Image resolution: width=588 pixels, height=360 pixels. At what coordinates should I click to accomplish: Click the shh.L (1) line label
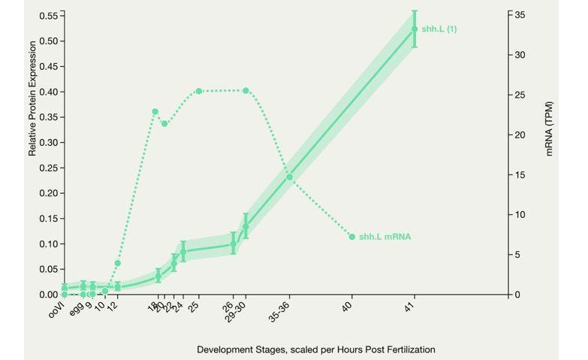(x=439, y=29)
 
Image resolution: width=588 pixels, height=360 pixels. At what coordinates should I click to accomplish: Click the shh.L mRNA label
(x=384, y=237)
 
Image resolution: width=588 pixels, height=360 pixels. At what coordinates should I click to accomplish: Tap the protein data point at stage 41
(x=415, y=29)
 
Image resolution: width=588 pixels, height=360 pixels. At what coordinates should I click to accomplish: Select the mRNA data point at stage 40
(x=352, y=237)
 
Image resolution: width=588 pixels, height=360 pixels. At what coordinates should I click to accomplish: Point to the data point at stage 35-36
(x=289, y=177)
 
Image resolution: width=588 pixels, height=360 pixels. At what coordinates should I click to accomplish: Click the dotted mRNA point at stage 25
(x=199, y=92)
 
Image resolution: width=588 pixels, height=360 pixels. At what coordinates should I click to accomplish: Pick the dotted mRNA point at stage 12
(x=117, y=263)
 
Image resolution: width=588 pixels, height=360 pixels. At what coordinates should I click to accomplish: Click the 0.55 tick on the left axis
(x=48, y=15)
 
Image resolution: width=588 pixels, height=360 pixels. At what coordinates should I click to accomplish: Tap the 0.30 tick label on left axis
(x=48, y=142)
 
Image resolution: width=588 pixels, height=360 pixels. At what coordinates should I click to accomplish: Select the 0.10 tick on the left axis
(x=48, y=244)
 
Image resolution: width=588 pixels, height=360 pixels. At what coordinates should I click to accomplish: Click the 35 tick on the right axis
(x=520, y=15)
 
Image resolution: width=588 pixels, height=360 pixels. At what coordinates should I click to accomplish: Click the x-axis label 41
(x=412, y=307)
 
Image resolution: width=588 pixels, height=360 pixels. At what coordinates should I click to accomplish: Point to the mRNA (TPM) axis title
(x=549, y=128)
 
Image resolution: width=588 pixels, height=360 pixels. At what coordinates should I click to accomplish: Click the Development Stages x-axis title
(x=315, y=349)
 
